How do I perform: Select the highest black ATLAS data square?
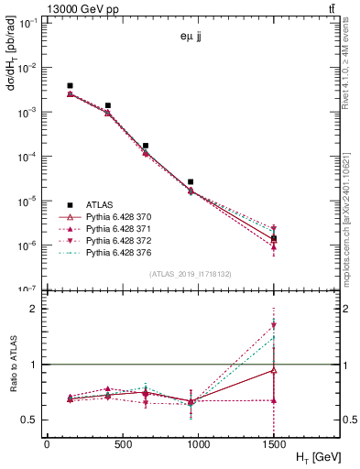[70, 85]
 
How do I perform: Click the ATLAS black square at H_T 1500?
[274, 238]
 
